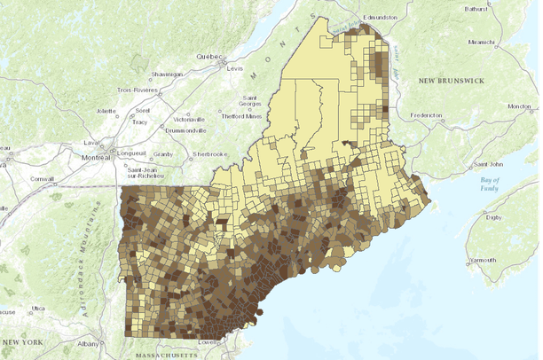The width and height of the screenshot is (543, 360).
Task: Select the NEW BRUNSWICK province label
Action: (x=451, y=81)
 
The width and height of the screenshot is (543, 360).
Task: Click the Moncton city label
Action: (x=519, y=106)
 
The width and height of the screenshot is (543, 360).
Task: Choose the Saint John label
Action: (x=489, y=163)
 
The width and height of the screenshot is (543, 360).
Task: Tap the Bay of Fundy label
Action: (x=515, y=184)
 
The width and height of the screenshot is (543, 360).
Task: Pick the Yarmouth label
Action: (x=484, y=260)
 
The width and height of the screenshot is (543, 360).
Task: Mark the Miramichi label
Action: (x=480, y=41)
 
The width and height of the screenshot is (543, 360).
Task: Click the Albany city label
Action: (x=89, y=343)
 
